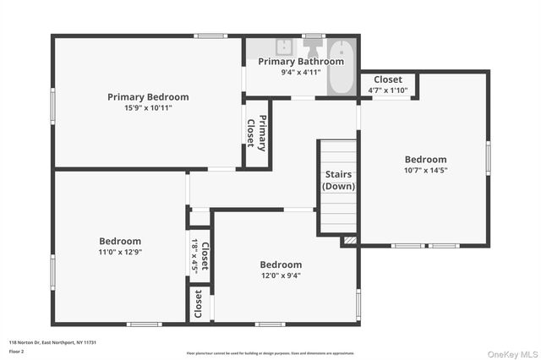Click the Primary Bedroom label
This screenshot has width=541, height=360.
[x=148, y=97]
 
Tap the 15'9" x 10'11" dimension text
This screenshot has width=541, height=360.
[x=148, y=108]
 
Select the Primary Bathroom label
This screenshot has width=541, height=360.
[x=301, y=61]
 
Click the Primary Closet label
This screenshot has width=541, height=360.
[x=256, y=132]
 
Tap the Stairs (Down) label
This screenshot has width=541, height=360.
[x=339, y=180]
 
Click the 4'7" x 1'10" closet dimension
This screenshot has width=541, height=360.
[x=388, y=90]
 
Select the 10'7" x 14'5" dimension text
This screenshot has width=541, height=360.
[x=425, y=170]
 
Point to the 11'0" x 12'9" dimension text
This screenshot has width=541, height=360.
[x=120, y=252]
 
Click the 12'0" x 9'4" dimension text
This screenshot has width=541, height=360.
[x=281, y=275]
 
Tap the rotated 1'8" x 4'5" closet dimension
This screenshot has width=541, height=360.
[x=194, y=256]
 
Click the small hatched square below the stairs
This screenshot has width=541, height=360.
[x=350, y=241]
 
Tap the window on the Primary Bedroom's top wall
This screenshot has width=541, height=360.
[x=210, y=35]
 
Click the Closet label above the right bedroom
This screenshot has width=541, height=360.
[x=388, y=79]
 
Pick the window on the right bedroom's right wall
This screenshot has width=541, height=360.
[x=488, y=158]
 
